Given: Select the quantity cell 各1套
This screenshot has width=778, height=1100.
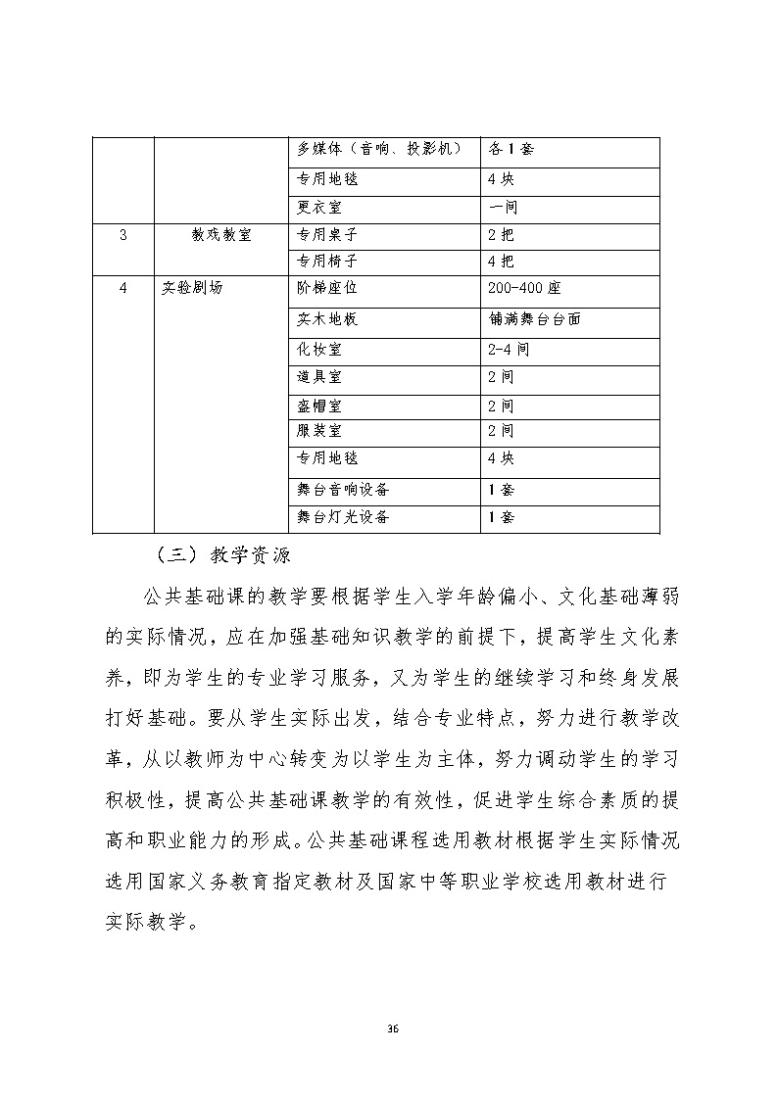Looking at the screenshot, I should click(510, 150).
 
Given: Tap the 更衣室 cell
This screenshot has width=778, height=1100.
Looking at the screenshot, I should click(319, 208).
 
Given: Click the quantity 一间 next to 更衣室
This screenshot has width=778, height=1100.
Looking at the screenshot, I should click(502, 208).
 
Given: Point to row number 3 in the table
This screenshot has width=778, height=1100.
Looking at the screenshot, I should click(122, 235).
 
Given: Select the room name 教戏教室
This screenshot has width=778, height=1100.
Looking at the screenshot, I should click(221, 235).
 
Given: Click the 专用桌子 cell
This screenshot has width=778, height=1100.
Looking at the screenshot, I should click(328, 235).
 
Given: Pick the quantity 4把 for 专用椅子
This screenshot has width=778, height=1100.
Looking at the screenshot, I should click(500, 262).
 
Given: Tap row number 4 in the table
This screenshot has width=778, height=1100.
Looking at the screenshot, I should click(122, 289).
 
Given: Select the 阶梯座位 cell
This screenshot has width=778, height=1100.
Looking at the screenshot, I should click(328, 289).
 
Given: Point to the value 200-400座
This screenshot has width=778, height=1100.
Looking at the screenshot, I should click(523, 289).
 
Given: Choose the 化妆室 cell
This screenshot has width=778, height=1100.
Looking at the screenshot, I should click(319, 350).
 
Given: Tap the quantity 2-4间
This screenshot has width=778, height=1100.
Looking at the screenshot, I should click(508, 350).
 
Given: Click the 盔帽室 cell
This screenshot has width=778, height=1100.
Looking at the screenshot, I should click(319, 405).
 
